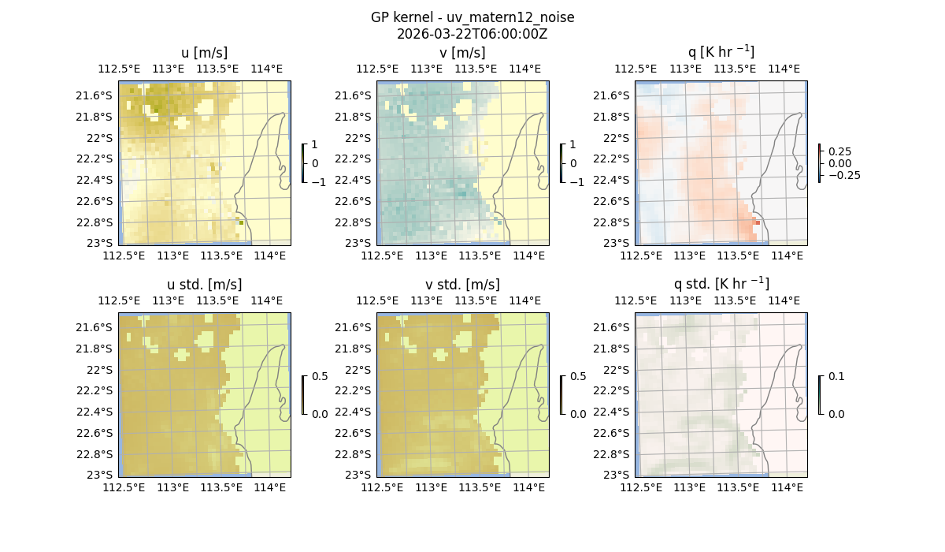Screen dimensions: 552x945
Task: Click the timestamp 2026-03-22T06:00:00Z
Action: [472, 34]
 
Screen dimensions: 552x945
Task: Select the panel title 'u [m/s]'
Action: [204, 53]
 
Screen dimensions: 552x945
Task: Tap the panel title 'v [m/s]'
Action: [462, 53]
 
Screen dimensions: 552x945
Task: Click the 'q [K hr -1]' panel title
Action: [721, 52]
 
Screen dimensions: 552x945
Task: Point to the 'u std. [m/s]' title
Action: [204, 285]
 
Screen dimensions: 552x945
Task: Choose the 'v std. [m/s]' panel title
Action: [462, 285]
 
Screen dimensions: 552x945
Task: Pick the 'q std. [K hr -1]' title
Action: [721, 284]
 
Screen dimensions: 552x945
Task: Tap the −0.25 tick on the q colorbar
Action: [843, 175]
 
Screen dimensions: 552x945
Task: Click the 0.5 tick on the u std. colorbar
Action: [320, 376]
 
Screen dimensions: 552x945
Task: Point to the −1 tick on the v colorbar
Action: [577, 181]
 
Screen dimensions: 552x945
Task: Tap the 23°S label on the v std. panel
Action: [362, 475]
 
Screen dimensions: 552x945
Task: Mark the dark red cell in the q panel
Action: [758, 223]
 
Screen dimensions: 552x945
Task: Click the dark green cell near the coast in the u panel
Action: [241, 222]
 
